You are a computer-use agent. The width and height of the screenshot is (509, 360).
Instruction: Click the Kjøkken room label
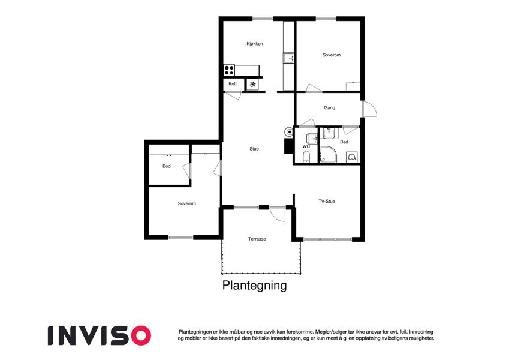(x=255, y=44)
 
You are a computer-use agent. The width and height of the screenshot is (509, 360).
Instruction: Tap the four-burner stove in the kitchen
(x=229, y=70)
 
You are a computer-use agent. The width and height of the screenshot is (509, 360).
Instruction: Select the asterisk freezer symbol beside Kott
(x=253, y=85)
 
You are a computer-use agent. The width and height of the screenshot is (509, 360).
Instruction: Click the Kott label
(x=233, y=84)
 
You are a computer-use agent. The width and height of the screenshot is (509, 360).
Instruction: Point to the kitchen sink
(x=289, y=58)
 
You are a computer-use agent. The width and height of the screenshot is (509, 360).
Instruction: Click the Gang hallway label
(x=329, y=108)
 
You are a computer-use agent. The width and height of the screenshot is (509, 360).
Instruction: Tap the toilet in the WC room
(x=306, y=158)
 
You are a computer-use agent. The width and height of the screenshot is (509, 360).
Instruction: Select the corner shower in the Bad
(x=327, y=155)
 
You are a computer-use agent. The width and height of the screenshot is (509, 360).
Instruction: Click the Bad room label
(x=344, y=142)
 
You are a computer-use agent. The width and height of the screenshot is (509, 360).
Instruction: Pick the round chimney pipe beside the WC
(x=289, y=131)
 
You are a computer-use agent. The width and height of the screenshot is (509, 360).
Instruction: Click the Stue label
(x=254, y=149)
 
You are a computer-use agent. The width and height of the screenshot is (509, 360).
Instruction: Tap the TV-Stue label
(x=327, y=202)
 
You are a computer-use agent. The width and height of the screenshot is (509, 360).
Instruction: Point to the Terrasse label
(x=257, y=239)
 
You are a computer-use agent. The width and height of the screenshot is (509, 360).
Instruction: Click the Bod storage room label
(x=166, y=166)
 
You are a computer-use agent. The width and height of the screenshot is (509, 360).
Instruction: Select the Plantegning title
(x=254, y=286)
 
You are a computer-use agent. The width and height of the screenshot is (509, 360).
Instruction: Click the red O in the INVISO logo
(x=139, y=335)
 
